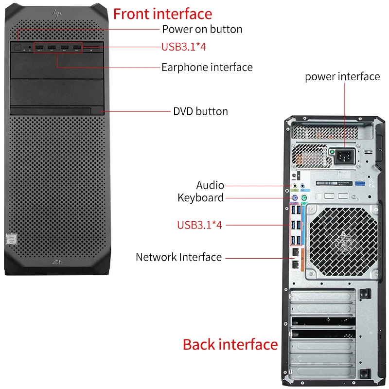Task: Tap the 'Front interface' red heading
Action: coord(162,14)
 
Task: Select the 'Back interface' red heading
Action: coord(230,344)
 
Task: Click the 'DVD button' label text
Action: coord(200,111)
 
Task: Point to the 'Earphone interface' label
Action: coord(207,67)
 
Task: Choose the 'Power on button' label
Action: coord(202,29)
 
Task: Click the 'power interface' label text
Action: coord(342,76)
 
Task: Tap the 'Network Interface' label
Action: coord(178,257)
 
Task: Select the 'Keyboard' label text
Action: coord(200,197)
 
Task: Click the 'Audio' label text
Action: coord(210,185)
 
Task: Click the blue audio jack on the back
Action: coord(303,185)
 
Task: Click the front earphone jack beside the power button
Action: coord(30,48)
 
